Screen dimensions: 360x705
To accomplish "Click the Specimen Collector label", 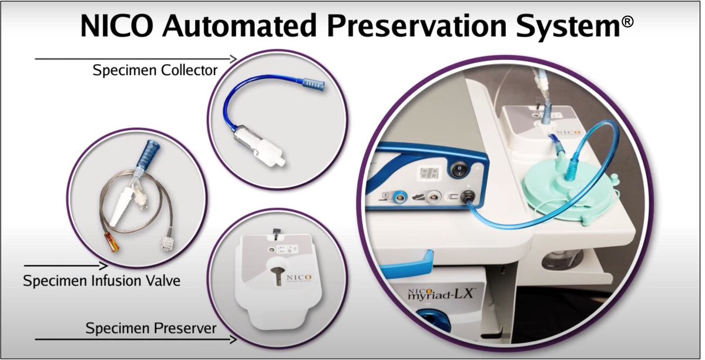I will click(x=155, y=70).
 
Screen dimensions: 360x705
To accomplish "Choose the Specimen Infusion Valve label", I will click(x=102, y=281).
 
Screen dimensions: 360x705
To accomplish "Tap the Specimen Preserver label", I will click(x=151, y=328).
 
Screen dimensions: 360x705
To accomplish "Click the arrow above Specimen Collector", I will click(x=136, y=59).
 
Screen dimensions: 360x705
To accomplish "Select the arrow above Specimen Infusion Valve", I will click(x=65, y=266).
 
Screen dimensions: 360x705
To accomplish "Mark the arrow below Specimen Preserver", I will click(x=136, y=339).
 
